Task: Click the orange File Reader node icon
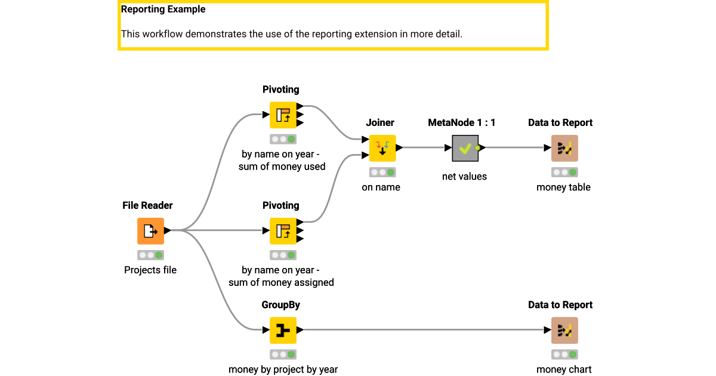tap(150, 231)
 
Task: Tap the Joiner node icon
tap(382, 148)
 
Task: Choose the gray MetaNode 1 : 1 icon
tap(465, 148)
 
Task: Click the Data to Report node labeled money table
tap(564, 148)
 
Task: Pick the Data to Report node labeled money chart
tap(564, 330)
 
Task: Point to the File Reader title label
tap(147, 205)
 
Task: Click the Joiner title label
tap(380, 122)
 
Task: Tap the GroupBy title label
tap(280, 304)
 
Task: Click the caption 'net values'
tap(464, 176)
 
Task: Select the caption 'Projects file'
tap(150, 270)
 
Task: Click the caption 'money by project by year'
tap(283, 369)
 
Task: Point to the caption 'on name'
tap(381, 187)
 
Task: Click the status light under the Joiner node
tap(382, 172)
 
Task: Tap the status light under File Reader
tap(150, 255)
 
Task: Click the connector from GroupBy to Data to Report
tap(424, 330)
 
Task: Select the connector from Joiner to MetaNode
tap(424, 148)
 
